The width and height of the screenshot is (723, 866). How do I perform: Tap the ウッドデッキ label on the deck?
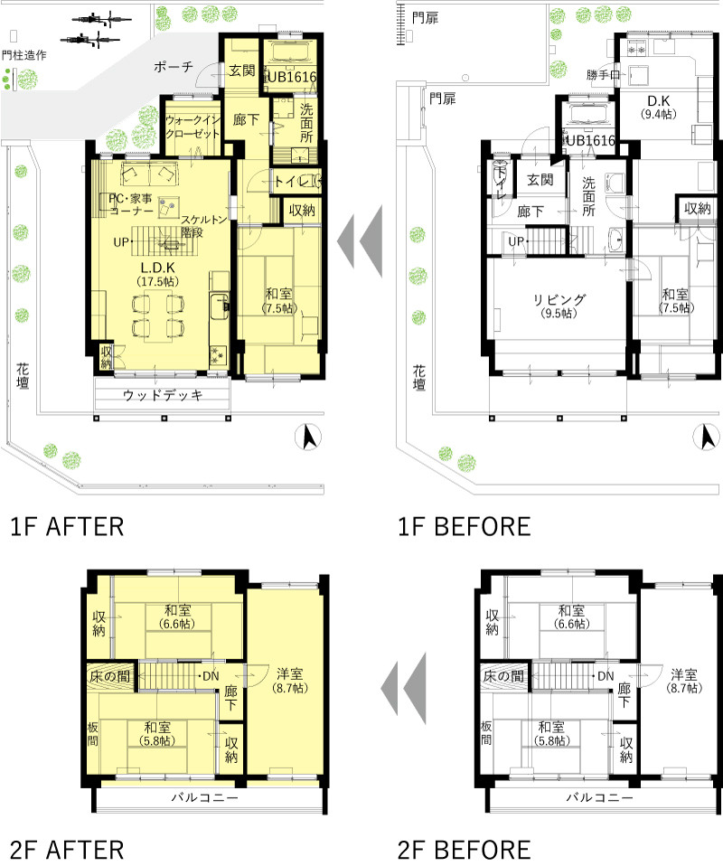(x=163, y=395)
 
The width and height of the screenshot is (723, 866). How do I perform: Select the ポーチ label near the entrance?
(x=174, y=68)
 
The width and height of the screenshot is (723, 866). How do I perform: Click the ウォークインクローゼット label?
(x=192, y=127)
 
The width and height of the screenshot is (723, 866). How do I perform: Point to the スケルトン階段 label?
(x=204, y=226)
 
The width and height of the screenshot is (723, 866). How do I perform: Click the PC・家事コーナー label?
(x=130, y=204)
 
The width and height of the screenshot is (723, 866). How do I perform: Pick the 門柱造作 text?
(x=23, y=55)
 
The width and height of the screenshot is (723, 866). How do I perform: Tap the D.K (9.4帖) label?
(x=658, y=108)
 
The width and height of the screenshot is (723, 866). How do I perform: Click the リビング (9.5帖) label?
(x=559, y=306)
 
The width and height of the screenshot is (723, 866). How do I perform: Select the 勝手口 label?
(x=603, y=74)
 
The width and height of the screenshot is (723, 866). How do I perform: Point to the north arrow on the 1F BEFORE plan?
(x=707, y=438)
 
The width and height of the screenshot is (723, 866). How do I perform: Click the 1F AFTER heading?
(x=68, y=527)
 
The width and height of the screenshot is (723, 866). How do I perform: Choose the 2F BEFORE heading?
(x=465, y=851)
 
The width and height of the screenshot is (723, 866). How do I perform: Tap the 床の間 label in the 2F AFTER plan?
(x=110, y=676)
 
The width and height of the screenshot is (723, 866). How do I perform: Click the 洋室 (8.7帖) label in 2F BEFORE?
(x=684, y=681)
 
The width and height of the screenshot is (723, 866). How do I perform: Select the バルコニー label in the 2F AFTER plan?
(x=204, y=797)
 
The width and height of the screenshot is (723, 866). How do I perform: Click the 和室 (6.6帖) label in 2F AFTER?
(x=177, y=617)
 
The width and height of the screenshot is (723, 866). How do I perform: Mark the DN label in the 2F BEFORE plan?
(x=606, y=676)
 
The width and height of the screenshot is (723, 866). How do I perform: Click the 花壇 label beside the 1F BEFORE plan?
(x=419, y=378)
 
